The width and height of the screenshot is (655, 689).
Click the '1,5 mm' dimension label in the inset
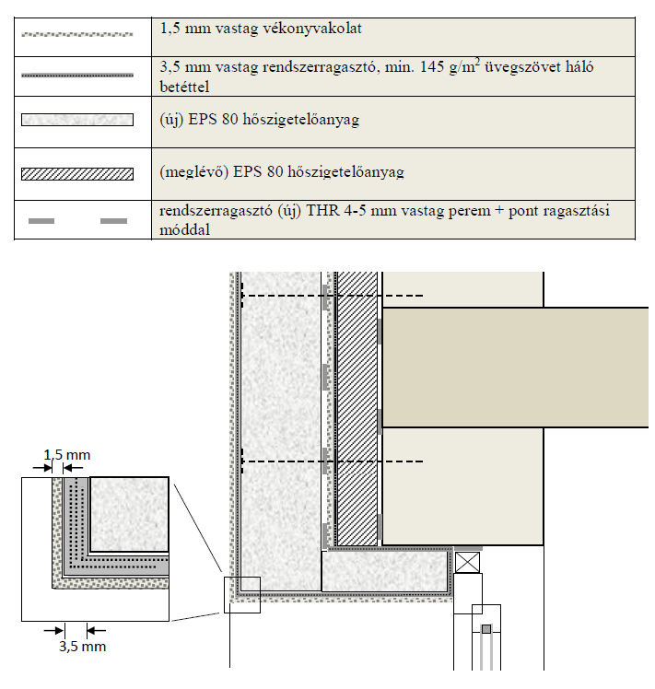coord(68,455)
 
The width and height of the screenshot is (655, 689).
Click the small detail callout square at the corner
coord(242,594)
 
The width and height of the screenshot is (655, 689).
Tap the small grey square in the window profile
coord(486,629)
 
